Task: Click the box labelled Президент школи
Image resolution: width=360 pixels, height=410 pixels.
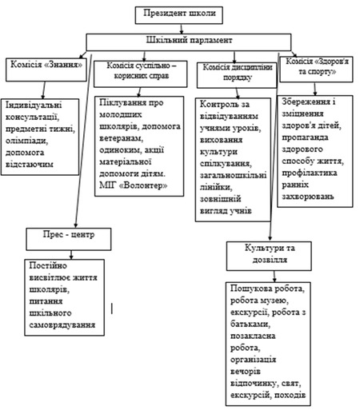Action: (178, 15)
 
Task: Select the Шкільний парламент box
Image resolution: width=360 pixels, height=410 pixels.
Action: (189, 42)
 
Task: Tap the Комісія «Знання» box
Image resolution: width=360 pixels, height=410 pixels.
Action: (46, 70)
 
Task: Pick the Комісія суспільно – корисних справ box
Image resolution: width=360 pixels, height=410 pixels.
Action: (141, 74)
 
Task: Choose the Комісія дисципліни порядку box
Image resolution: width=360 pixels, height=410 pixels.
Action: (237, 75)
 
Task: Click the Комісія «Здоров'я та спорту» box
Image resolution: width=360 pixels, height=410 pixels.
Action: (316, 70)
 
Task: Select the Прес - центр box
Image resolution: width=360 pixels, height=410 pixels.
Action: (69, 239)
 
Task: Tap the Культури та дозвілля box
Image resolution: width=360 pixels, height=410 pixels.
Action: (269, 256)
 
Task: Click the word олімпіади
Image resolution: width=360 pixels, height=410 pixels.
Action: (26, 141)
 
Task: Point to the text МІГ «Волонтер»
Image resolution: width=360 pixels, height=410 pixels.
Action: (134, 185)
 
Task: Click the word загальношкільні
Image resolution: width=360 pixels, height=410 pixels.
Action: (234, 175)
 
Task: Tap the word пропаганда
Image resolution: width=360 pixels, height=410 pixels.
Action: (306, 137)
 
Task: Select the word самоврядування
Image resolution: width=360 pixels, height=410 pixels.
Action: (62, 325)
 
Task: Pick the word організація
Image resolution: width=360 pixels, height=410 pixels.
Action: (253, 360)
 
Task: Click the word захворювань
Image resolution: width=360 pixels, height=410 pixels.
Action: (308, 197)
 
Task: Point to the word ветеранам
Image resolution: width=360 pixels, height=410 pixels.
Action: (122, 138)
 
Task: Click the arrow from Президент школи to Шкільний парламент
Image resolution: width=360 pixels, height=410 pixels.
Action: (182, 29)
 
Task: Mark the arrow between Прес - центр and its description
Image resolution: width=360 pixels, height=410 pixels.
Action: (71, 255)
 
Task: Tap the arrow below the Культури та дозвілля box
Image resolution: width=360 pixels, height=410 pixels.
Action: (274, 277)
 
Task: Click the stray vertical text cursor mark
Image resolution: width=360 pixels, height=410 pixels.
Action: (112, 308)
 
